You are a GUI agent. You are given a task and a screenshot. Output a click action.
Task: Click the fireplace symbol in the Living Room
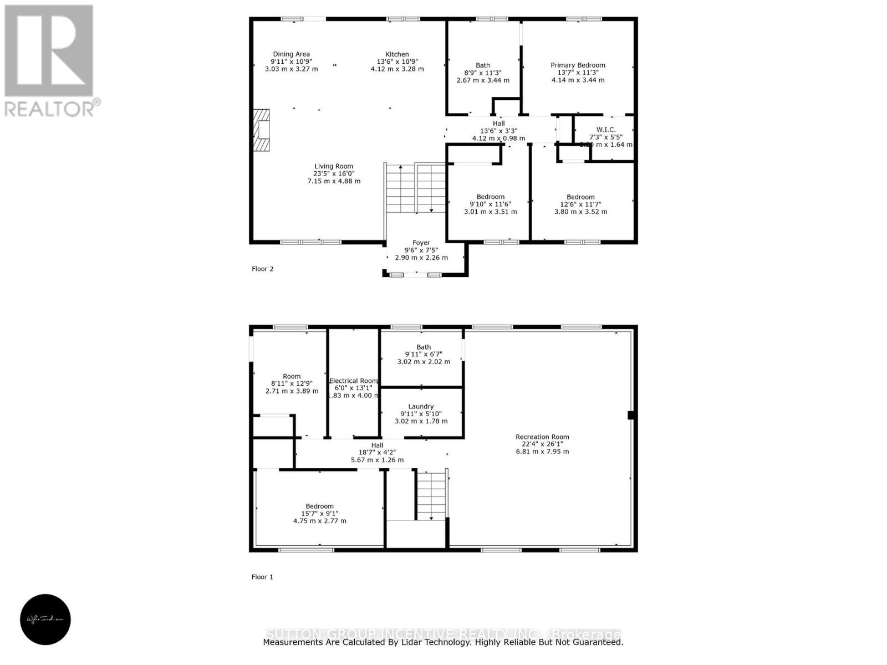pyautogui.click(x=262, y=131)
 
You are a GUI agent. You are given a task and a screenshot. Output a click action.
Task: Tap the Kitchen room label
pyautogui.click(x=397, y=54)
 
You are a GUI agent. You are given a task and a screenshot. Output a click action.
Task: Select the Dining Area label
pyautogui.click(x=291, y=54)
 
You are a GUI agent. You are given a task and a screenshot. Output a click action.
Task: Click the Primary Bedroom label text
pyautogui.click(x=578, y=65)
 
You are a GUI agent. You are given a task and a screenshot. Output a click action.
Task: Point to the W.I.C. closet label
pyautogui.click(x=605, y=130)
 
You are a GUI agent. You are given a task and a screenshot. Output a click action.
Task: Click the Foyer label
pyautogui.click(x=421, y=243)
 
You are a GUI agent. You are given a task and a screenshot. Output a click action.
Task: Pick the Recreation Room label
pyautogui.click(x=542, y=437)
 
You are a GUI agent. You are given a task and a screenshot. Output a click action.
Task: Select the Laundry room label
pyautogui.click(x=421, y=407)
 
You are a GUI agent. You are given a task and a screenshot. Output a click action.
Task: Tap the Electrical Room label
pyautogui.click(x=353, y=381)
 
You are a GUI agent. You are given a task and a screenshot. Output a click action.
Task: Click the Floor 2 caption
pyautogui.click(x=263, y=269)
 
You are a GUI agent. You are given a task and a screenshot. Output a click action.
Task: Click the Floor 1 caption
pyautogui.click(x=262, y=577)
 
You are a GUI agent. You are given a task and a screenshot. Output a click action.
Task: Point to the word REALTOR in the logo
pyautogui.click(x=50, y=109)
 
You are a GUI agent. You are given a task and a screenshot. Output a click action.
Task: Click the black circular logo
pyautogui.click(x=45, y=620)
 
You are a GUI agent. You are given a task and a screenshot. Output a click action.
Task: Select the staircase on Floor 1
pyautogui.click(x=431, y=495)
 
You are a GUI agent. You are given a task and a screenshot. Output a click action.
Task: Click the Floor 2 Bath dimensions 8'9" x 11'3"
pyautogui.click(x=482, y=73)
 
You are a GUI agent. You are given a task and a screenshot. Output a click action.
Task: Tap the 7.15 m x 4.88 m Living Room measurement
pyautogui.click(x=334, y=181)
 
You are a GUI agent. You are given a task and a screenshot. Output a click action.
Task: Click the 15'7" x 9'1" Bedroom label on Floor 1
pyautogui.click(x=319, y=514)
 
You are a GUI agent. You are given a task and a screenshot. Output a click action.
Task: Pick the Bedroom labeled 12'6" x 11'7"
pyautogui.click(x=580, y=204)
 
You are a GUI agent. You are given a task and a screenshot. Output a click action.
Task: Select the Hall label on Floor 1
pyautogui.click(x=377, y=445)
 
